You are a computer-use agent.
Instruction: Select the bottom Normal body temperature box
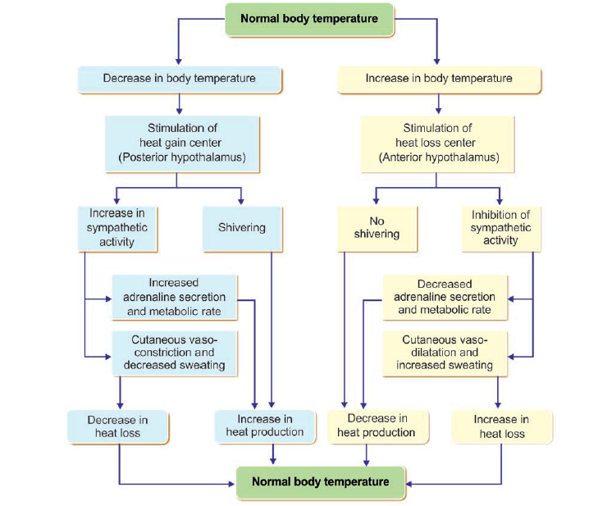pos(320,482)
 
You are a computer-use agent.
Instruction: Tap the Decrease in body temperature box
pos(179,79)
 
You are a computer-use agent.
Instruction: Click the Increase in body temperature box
pos(439,79)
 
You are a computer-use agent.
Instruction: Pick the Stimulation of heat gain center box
pos(178,142)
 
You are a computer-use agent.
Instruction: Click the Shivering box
pos(242,228)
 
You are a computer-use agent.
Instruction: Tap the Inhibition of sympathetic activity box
pos(500,227)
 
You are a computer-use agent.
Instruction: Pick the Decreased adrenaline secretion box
pos(446,297)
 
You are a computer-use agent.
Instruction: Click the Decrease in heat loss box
pos(119,426)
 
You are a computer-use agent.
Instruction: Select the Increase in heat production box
pos(264,426)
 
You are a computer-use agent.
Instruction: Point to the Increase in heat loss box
pos(501,426)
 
